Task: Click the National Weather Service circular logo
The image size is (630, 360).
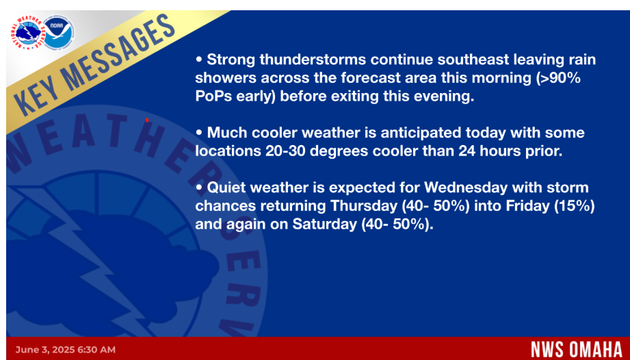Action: (27, 33)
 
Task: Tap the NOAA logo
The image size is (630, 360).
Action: (59, 33)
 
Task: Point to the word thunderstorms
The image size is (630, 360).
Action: (313, 60)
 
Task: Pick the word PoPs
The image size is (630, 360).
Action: (213, 97)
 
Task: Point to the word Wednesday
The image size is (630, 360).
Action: (466, 188)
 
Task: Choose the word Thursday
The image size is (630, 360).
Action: (364, 206)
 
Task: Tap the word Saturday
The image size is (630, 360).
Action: (324, 224)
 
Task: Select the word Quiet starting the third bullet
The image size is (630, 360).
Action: (226, 188)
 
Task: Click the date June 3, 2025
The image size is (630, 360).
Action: (44, 350)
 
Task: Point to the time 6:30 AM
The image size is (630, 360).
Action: (96, 350)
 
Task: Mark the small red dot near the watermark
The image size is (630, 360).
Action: (147, 120)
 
